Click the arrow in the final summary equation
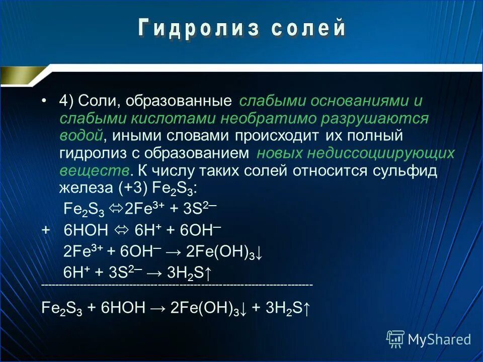(x=158, y=308)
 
